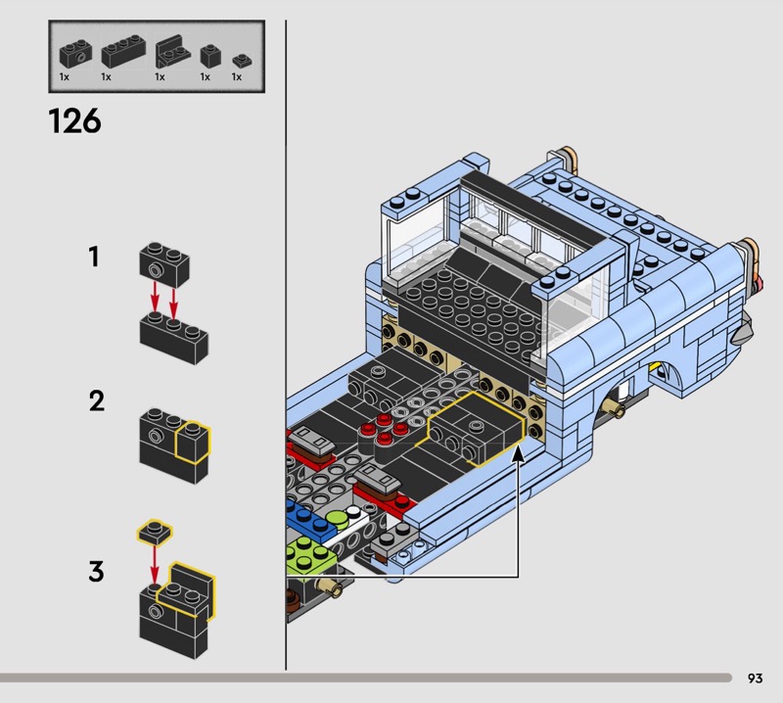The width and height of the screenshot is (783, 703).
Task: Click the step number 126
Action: click(x=74, y=120)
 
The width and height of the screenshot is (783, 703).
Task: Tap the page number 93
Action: click(x=755, y=678)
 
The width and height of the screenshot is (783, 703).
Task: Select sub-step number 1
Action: click(x=94, y=258)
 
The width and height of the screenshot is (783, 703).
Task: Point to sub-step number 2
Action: click(x=96, y=400)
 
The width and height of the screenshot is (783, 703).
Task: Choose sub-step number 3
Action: click(x=96, y=571)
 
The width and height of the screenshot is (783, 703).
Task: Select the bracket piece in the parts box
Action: click(x=173, y=49)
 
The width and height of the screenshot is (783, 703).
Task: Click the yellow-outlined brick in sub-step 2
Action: click(x=193, y=444)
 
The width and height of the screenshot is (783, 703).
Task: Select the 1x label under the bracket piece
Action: click(x=160, y=76)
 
